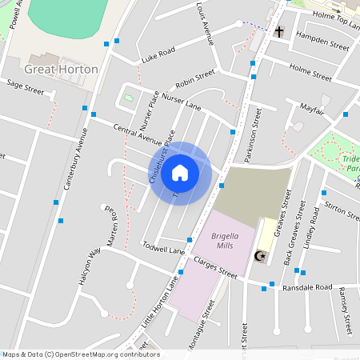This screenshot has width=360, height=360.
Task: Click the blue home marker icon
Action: point(180,172)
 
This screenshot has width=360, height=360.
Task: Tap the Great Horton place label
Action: point(62,70)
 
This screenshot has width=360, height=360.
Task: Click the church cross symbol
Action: point(279,33)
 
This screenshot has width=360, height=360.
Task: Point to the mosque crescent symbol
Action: point(258,256)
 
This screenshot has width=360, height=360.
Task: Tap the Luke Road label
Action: point(158,55)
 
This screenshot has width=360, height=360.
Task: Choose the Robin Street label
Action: point(195,78)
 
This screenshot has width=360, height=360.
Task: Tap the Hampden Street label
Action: point(322,42)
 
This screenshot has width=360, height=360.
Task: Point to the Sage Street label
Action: point(24,87)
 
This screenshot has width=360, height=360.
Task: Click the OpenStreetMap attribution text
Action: point(81,354)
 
